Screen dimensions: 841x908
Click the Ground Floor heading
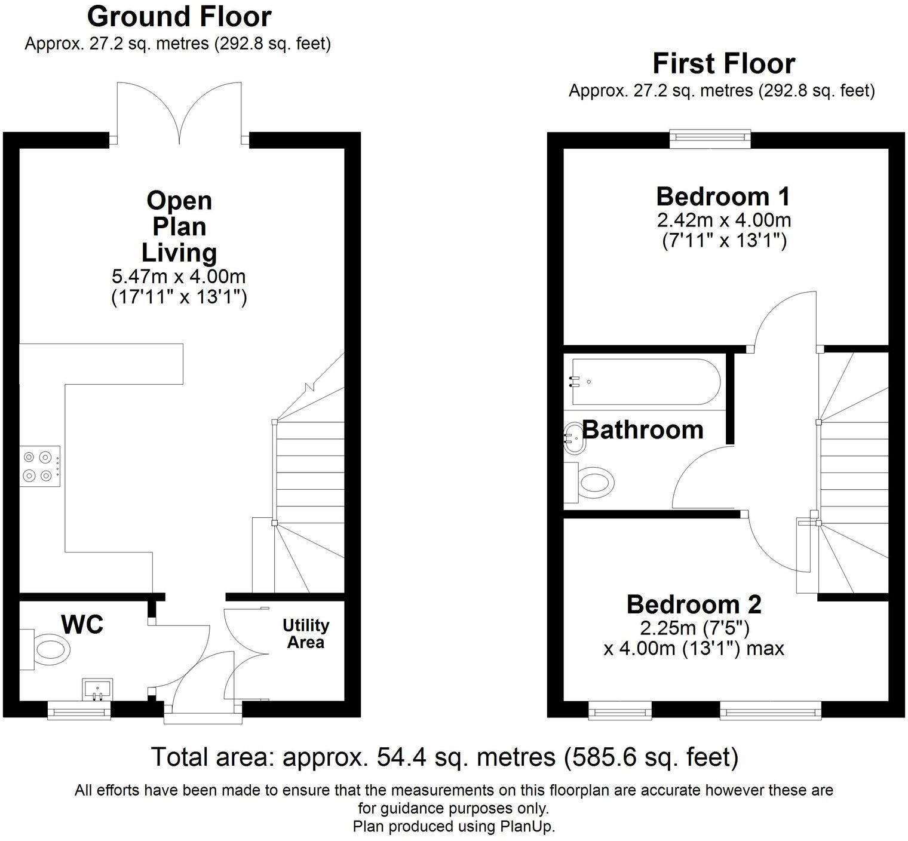pyautogui.click(x=179, y=17)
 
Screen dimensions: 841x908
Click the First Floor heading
pyautogui.click(x=723, y=63)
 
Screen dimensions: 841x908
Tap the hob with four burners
pyautogui.click(x=40, y=466)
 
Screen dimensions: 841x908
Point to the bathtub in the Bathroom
pyautogui.click(x=642, y=381)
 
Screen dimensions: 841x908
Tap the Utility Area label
pyautogui.click(x=306, y=634)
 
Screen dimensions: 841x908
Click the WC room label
pyautogui.click(x=82, y=625)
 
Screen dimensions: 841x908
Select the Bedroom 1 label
pyautogui.click(x=723, y=197)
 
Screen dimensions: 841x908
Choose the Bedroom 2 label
pyautogui.click(x=694, y=604)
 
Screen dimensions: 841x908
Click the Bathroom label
pyautogui.click(x=643, y=430)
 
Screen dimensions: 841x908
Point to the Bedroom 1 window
pyautogui.click(x=709, y=138)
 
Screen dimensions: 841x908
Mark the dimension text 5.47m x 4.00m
pyautogui.click(x=179, y=277)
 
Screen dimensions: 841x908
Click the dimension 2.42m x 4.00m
pyautogui.click(x=724, y=220)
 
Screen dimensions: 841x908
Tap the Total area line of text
pyautogui.click(x=444, y=757)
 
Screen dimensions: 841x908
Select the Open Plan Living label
pyautogui.click(x=179, y=226)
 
